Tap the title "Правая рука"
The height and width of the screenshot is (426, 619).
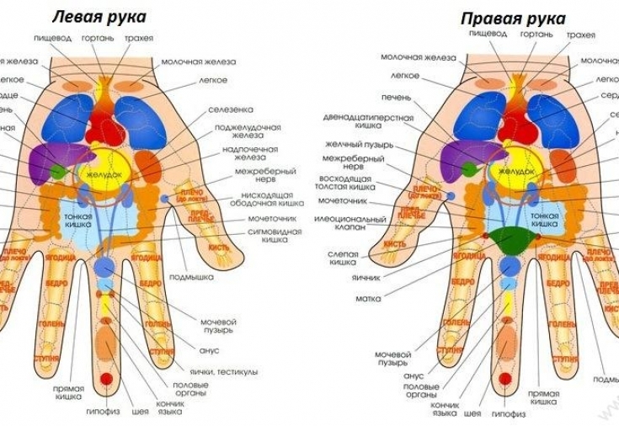(513, 18)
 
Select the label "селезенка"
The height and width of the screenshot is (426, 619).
(230, 110)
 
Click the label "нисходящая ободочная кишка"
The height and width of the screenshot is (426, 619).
(266, 202)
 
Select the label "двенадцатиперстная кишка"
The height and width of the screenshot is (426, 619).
(368, 123)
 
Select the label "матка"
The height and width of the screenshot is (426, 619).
(368, 298)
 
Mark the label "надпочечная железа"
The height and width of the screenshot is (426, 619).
(247, 155)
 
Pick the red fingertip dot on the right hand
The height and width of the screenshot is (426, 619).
(504, 379)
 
